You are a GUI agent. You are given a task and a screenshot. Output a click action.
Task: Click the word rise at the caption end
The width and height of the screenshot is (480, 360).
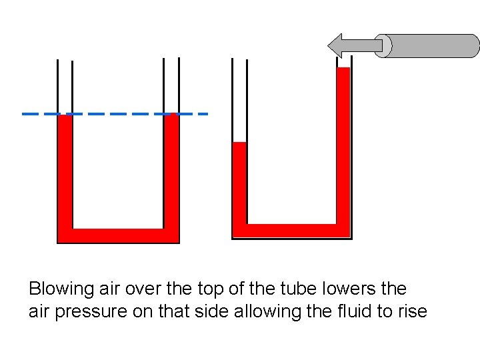pos(411,311)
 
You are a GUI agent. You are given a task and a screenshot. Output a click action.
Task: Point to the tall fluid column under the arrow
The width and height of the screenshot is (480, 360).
pos(343,147)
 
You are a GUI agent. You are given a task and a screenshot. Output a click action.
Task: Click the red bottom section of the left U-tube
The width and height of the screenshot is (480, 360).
pos(118,236)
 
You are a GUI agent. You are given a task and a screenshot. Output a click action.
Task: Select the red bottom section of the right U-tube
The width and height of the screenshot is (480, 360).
pos(291,231)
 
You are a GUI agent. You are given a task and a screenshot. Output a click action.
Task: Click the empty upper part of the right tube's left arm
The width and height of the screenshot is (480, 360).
pos(239,100)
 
